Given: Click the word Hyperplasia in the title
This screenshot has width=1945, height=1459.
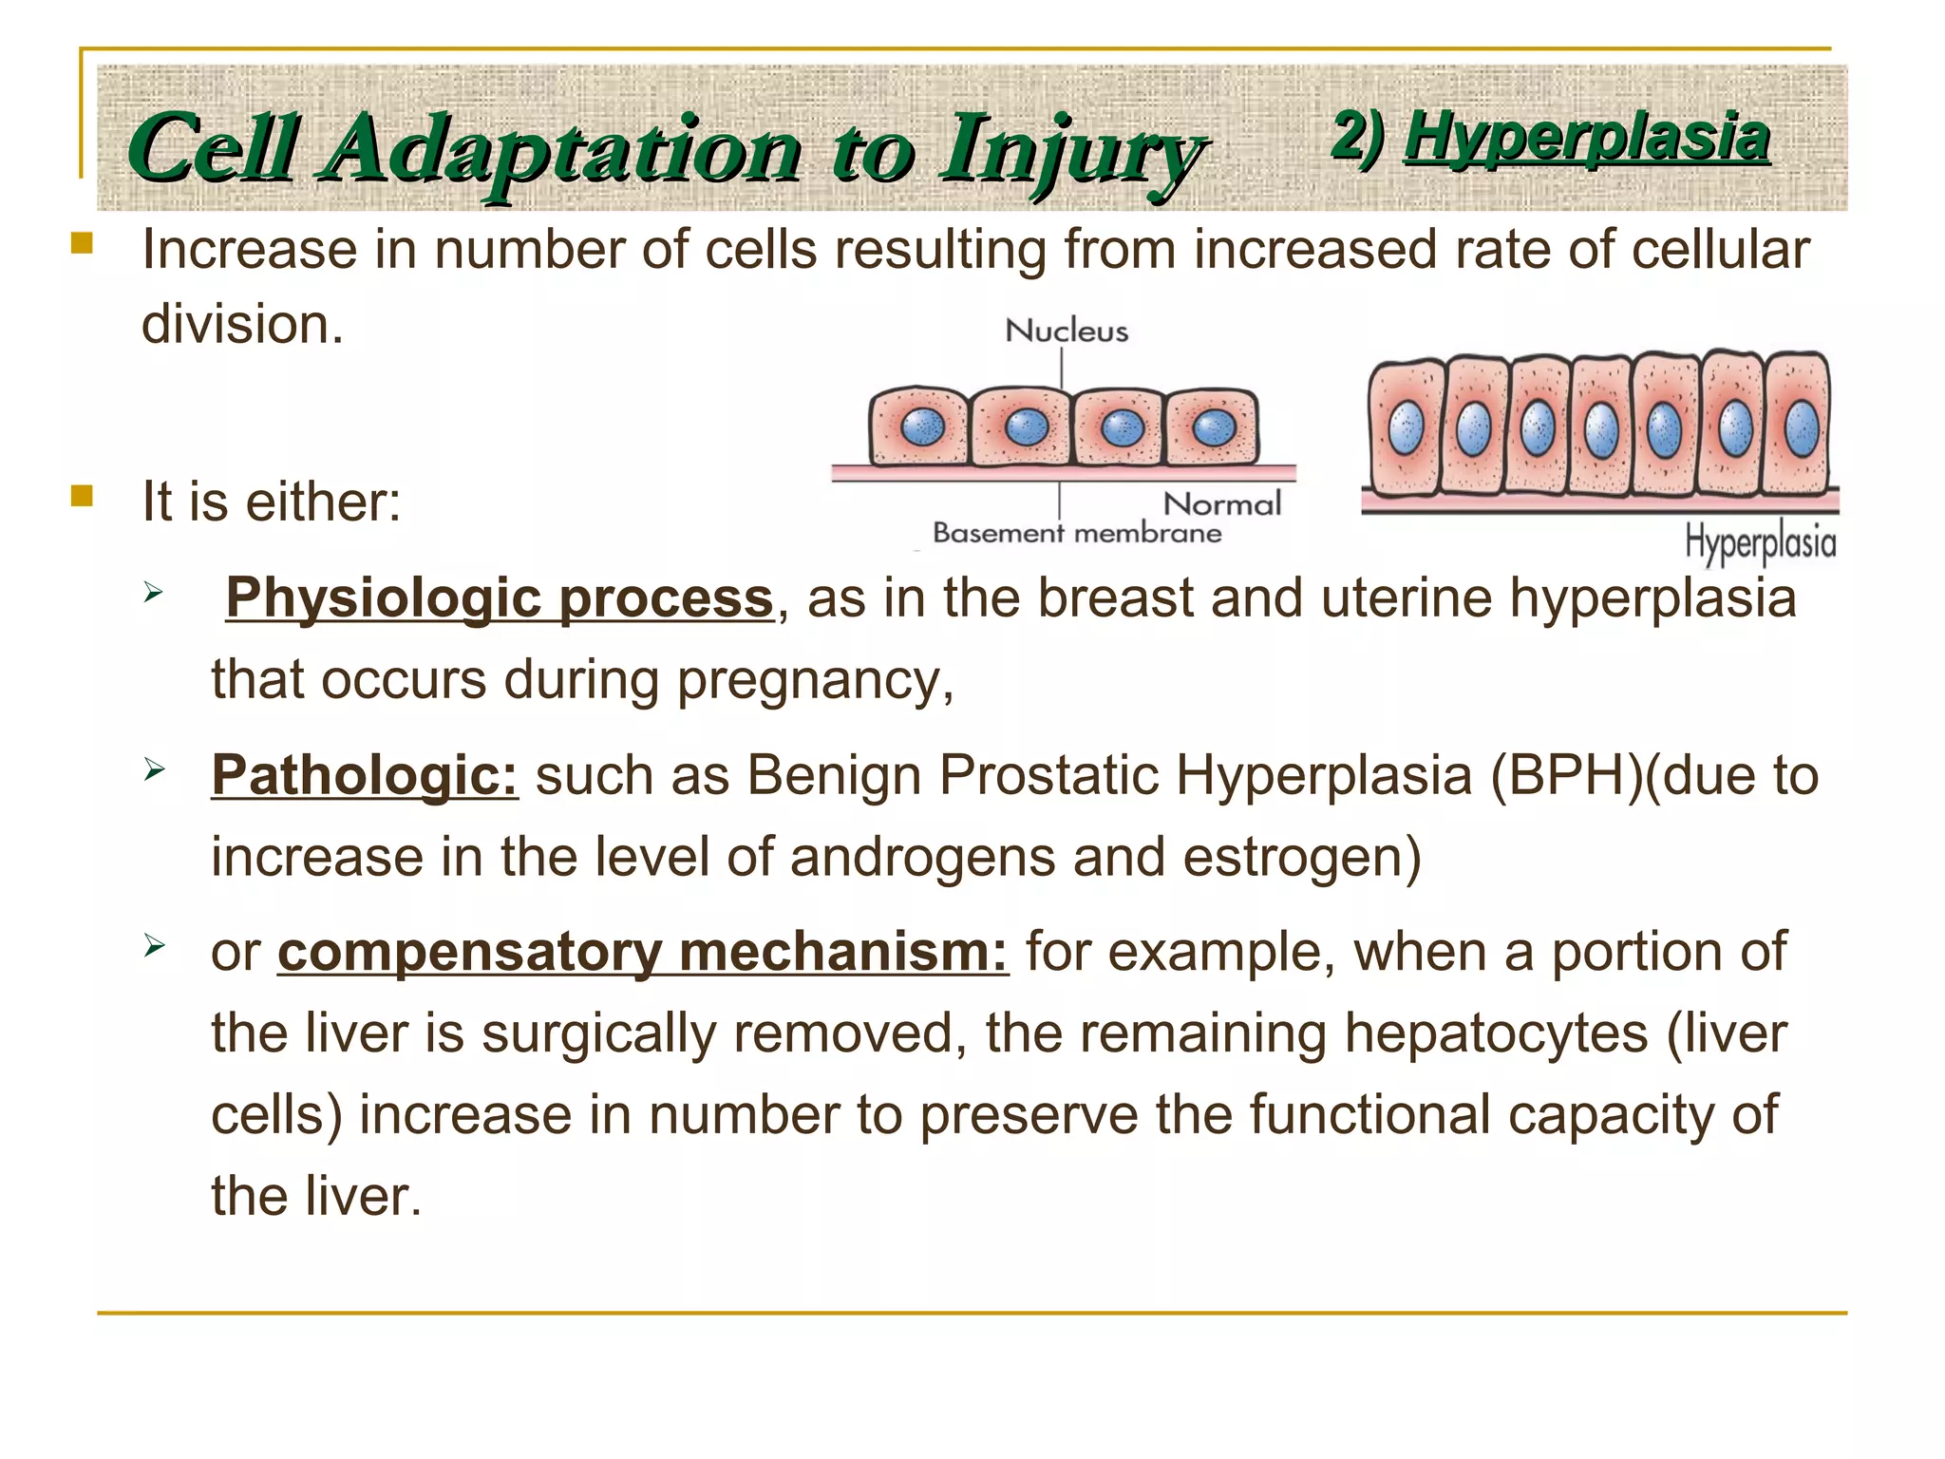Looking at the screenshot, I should point(1586,138).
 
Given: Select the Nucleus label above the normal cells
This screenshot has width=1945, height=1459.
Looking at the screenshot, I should point(1067,331).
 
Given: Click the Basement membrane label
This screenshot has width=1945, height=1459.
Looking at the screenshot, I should point(1077,533).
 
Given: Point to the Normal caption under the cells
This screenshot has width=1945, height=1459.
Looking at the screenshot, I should point(1222,503).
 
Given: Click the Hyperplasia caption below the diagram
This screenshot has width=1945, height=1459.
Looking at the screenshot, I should point(1760,542).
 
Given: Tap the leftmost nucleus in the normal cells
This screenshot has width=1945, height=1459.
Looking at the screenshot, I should point(921,426).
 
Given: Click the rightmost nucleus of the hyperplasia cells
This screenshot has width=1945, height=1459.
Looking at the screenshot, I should point(1802,429).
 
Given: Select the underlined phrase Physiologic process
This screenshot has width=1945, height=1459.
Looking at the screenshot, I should point(500,598).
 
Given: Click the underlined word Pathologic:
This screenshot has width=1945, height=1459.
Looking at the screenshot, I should point(365,775).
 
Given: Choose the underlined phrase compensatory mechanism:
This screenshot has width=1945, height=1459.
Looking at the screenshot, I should point(642,952).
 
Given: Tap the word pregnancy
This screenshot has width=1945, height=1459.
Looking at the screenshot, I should point(814,681).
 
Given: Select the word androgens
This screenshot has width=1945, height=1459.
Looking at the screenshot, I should point(922,857).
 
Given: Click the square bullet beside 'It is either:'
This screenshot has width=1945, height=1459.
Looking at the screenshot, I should point(82,496).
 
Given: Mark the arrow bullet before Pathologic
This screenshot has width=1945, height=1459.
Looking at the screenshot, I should point(155,768).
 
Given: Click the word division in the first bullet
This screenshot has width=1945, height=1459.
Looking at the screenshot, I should point(241,325).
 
